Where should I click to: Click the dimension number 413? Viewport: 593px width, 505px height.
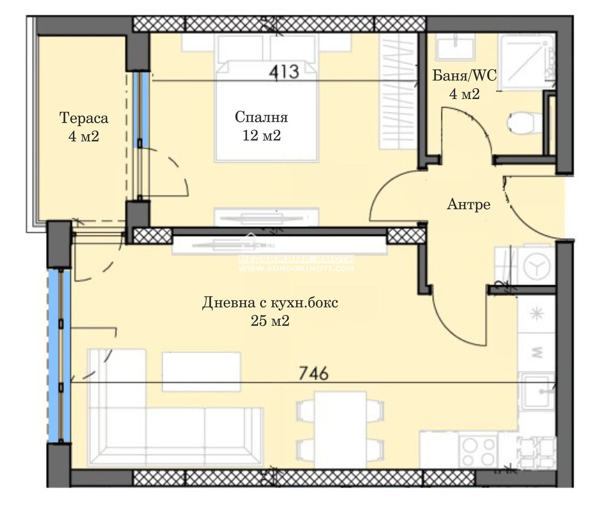[284, 71]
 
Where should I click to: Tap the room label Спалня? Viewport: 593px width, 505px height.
[261, 117]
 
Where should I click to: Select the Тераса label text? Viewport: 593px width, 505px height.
[84, 118]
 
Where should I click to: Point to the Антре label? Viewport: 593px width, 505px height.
[468, 204]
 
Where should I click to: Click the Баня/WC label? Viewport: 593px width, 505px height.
[464, 76]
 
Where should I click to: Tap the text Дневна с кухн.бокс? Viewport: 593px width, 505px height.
[270, 303]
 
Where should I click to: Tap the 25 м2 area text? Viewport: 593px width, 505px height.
[270, 321]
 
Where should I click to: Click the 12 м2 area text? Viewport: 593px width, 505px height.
[261, 136]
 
